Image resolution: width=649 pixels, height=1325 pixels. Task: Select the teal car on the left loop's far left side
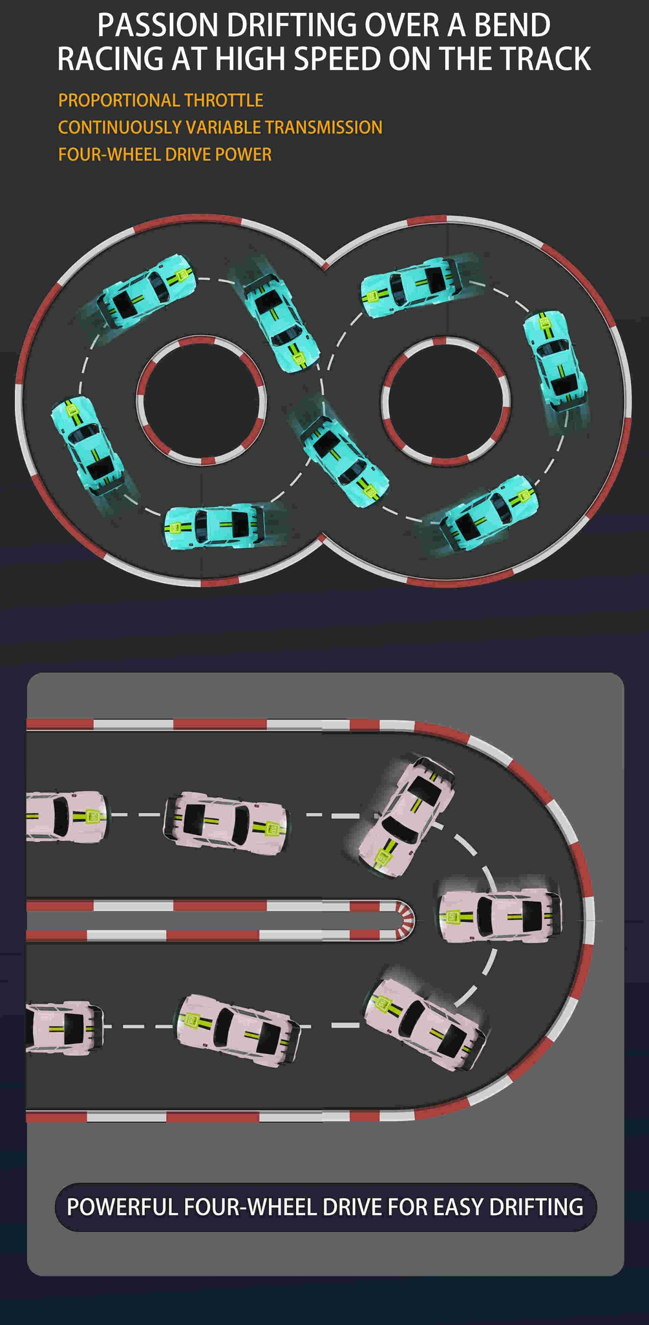pos(87,446)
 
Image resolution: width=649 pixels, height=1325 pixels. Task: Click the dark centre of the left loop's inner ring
pos(201,400)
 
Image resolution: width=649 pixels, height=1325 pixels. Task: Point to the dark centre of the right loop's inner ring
pos(446,400)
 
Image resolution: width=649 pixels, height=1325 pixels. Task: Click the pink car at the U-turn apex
pos(500,916)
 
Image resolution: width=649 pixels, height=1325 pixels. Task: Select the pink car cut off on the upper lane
pos(65,816)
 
